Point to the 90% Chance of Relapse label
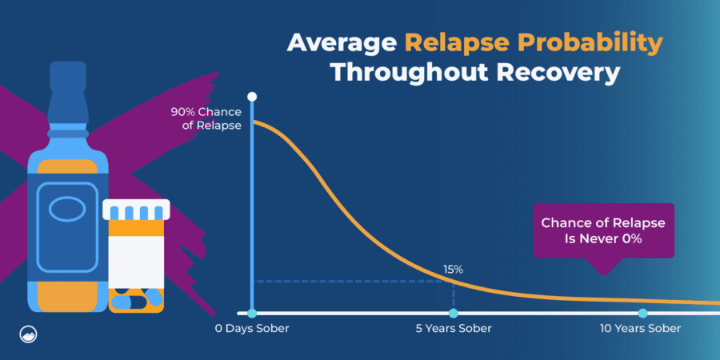[x=206, y=118]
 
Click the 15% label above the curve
[x=453, y=270]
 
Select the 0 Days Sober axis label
[x=252, y=329]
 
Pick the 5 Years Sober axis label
[x=454, y=329]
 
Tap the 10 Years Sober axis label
[x=641, y=329]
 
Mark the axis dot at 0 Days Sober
[x=252, y=313]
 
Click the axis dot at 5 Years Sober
[x=454, y=313]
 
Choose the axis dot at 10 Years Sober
[x=642, y=313]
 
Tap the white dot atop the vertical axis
[x=252, y=97]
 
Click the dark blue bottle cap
[x=68, y=75]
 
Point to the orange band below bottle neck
[x=67, y=166]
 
